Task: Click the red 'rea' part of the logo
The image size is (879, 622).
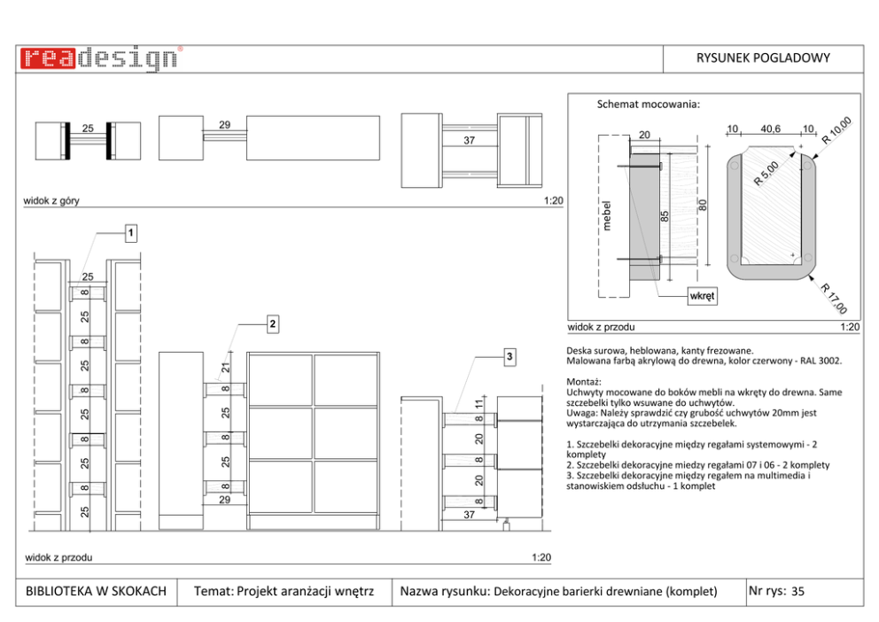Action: coord(48,58)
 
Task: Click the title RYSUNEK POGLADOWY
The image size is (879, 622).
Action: coord(763,58)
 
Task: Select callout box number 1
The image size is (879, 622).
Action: coord(130,233)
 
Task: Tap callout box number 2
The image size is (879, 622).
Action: coord(272,324)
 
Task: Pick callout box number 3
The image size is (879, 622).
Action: coord(509,356)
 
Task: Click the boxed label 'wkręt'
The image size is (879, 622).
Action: coord(702,296)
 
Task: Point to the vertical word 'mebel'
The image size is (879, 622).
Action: coord(607,215)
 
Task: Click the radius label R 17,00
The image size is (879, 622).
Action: coord(834,299)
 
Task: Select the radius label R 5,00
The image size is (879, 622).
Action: coord(766,173)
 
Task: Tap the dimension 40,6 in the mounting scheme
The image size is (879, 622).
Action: coord(770,128)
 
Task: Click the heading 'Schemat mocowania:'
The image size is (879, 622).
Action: coord(648,105)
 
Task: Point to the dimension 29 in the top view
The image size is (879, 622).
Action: coord(225,125)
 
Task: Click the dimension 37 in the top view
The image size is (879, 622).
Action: coord(470,140)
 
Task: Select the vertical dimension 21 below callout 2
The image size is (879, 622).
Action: coord(225,368)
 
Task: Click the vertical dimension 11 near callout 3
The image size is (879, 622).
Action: coord(479,403)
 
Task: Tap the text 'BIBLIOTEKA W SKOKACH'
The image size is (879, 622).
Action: coord(96,591)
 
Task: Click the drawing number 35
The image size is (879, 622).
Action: coord(797,591)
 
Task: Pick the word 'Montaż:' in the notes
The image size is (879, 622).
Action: coord(584,382)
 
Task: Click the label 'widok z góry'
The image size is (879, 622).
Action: coord(51,200)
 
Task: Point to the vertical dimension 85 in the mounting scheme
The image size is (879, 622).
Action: coord(665,216)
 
